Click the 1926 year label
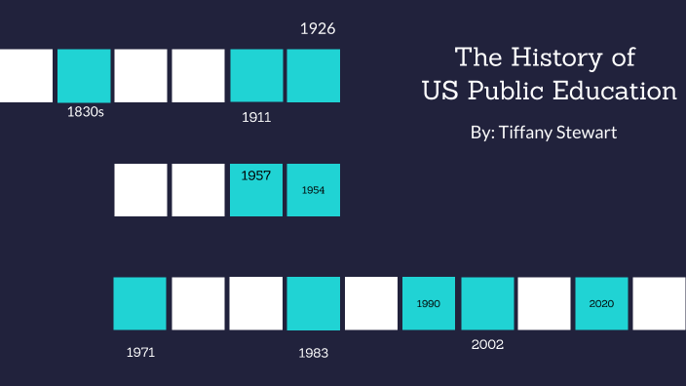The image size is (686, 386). [x=318, y=28]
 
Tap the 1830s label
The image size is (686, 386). [x=85, y=112]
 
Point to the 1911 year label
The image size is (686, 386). [x=255, y=118]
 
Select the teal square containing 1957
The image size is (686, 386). [x=256, y=189]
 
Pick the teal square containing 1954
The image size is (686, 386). [x=313, y=189]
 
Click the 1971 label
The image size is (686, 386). [x=141, y=352]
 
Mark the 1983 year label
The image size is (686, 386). [x=314, y=353]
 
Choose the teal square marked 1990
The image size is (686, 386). [x=429, y=303]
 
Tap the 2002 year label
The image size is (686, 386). [x=486, y=344]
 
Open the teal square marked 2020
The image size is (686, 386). [x=601, y=303]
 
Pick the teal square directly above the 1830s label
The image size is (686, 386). [x=84, y=75]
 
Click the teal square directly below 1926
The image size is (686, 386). [x=313, y=75]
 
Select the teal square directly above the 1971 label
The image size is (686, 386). [x=140, y=303]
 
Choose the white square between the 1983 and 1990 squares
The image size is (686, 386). [x=371, y=303]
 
